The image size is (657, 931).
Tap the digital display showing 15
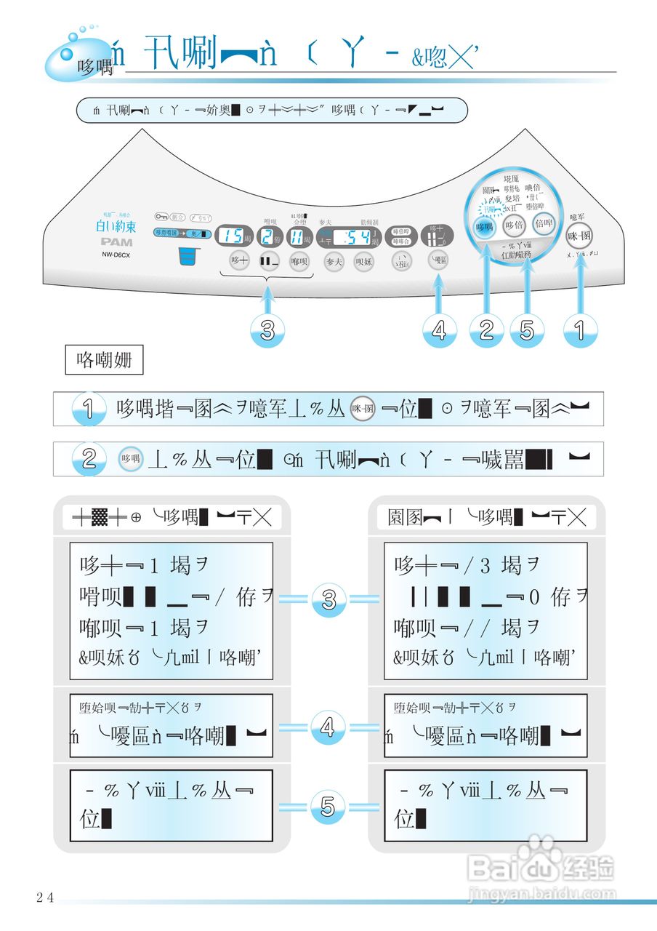tap(233, 236)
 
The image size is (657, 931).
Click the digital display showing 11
tap(298, 236)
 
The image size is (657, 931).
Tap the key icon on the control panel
tap(160, 216)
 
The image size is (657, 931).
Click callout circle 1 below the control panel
tap(580, 330)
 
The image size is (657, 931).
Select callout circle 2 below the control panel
tap(486, 330)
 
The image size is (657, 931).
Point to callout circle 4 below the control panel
tap(439, 331)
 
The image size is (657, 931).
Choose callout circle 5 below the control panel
tap(527, 330)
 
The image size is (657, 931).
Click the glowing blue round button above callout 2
tap(484, 226)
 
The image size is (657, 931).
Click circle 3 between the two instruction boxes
tap(328, 600)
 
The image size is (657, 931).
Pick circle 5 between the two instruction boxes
tap(328, 807)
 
